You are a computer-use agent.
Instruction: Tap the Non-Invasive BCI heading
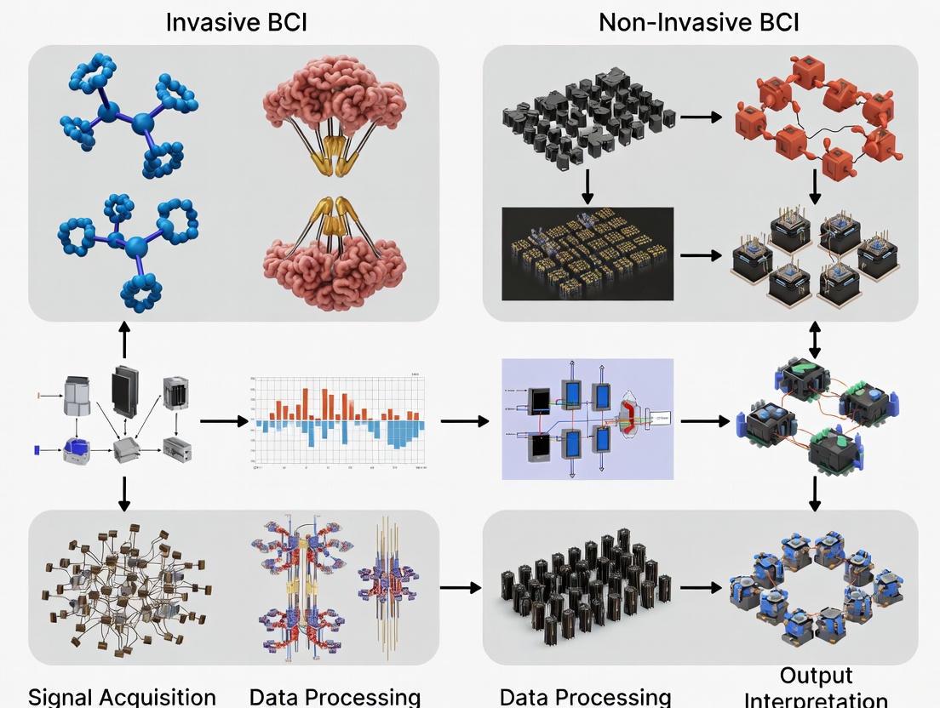tap(698, 21)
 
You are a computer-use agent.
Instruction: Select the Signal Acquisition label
tap(122, 697)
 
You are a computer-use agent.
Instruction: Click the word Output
tap(815, 676)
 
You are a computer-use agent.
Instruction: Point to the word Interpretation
tap(816, 699)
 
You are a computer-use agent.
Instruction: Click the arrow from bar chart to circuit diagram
tap(465, 420)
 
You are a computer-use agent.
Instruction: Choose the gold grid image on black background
tap(587, 254)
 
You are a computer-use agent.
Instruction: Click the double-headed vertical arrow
tap(815, 339)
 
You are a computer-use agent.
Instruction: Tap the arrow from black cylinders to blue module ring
tap(700, 587)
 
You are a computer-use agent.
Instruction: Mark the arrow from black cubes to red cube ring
tap(701, 117)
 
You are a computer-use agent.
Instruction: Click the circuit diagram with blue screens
tap(587, 419)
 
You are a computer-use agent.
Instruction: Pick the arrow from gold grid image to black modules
tap(701, 254)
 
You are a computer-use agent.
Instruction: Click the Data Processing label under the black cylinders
tap(586, 697)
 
